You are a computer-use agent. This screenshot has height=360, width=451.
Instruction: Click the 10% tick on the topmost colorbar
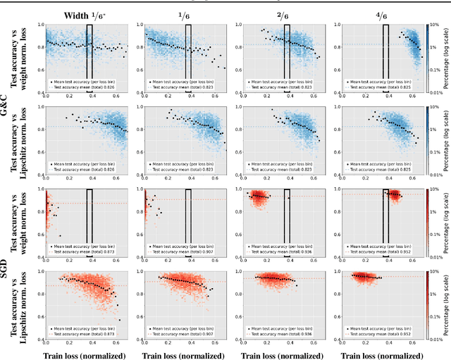coord(435,25)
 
